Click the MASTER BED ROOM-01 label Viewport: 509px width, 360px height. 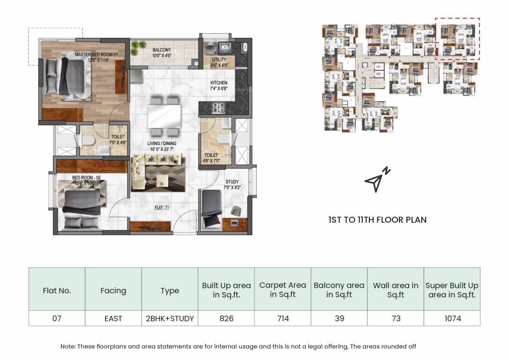click(99, 55)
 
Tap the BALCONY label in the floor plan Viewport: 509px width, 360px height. click(162, 50)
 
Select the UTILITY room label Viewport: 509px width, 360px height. click(219, 60)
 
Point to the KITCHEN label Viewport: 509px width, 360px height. click(218, 83)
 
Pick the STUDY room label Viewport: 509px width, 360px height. click(232, 182)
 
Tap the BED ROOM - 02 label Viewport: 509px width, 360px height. click(86, 178)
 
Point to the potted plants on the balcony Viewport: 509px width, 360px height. click(138, 46)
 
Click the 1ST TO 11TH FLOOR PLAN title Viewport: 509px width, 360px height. click(377, 219)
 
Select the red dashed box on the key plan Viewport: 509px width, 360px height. click(457, 39)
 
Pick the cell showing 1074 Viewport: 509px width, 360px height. click(452, 318)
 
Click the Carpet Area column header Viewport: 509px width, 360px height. click(283, 290)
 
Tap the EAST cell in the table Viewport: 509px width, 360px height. click(113, 318)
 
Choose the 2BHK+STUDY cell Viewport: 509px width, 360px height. click(170, 318)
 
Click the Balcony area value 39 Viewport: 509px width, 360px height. click(339, 318)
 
